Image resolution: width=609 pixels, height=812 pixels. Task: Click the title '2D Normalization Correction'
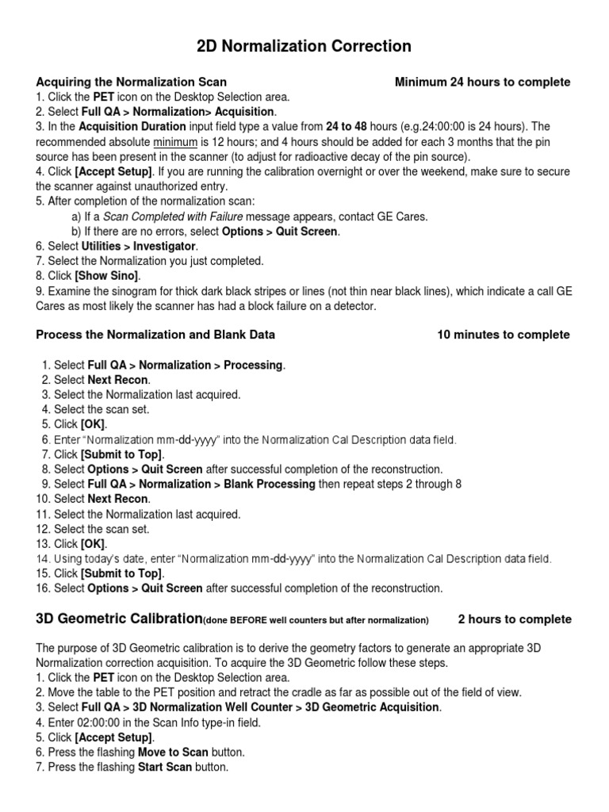coord(304,47)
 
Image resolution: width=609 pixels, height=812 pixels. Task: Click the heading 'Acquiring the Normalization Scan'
coord(132,82)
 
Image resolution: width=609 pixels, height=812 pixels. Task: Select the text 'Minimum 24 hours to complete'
coord(482,82)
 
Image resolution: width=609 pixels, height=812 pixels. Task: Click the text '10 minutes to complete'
coord(503,335)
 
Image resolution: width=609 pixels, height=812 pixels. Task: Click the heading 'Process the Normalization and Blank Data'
coord(155,335)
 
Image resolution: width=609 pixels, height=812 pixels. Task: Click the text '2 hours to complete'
coord(514,619)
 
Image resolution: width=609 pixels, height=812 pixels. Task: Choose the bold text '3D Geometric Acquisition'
coord(372,707)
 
